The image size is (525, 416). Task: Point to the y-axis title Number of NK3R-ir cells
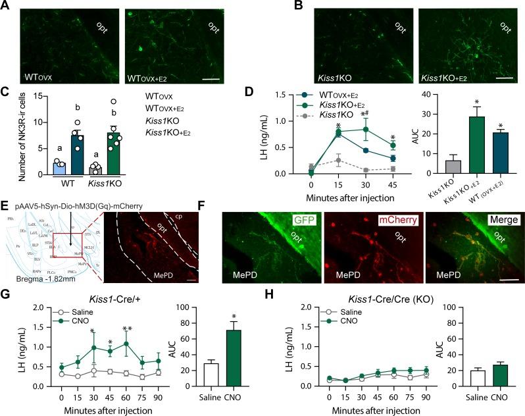tap(8, 138)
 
